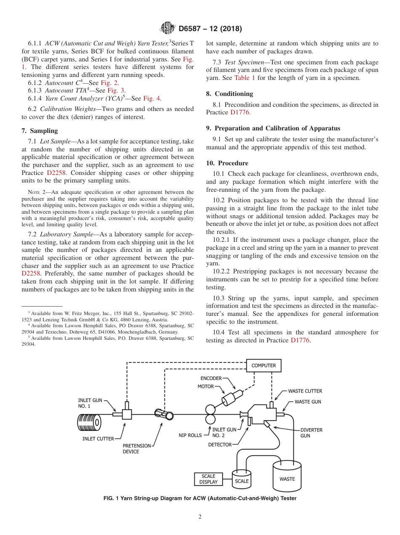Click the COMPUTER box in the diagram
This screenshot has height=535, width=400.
[x=264, y=365]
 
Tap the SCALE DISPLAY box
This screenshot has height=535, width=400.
[x=208, y=479]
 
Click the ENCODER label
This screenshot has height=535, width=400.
[x=211, y=379]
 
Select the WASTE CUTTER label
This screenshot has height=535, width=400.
[x=305, y=391]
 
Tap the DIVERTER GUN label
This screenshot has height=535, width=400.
[x=311, y=433]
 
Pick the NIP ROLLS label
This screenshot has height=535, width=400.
[x=190, y=435]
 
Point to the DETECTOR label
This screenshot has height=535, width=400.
[x=220, y=445]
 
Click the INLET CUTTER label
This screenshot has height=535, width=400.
[x=98, y=439]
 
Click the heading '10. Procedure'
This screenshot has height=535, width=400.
[x=227, y=163]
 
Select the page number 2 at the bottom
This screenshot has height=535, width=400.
[x=200, y=517]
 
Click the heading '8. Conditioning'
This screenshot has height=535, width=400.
[x=229, y=94]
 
